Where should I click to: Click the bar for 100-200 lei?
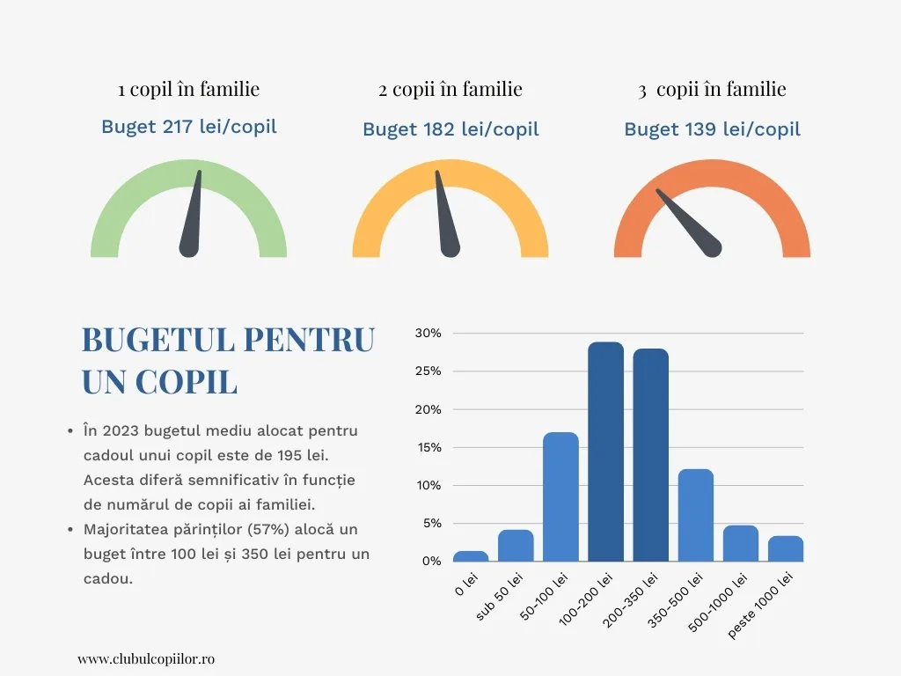tap(605, 452)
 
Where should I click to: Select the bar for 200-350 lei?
tap(650, 455)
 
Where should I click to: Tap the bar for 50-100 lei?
tap(560, 496)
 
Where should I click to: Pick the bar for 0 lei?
tap(471, 556)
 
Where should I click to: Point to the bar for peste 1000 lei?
tap(785, 548)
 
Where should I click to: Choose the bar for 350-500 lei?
tap(695, 515)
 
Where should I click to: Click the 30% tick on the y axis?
tap(428, 334)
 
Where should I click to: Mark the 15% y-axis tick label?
tap(428, 447)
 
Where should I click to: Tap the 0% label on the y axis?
tap(431, 561)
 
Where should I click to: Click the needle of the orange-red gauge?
tap(691, 224)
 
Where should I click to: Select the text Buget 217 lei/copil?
tap(188, 127)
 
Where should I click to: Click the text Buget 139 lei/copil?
tap(712, 129)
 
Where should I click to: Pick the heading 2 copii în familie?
tap(450, 89)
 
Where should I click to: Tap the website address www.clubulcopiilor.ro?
tap(146, 658)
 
